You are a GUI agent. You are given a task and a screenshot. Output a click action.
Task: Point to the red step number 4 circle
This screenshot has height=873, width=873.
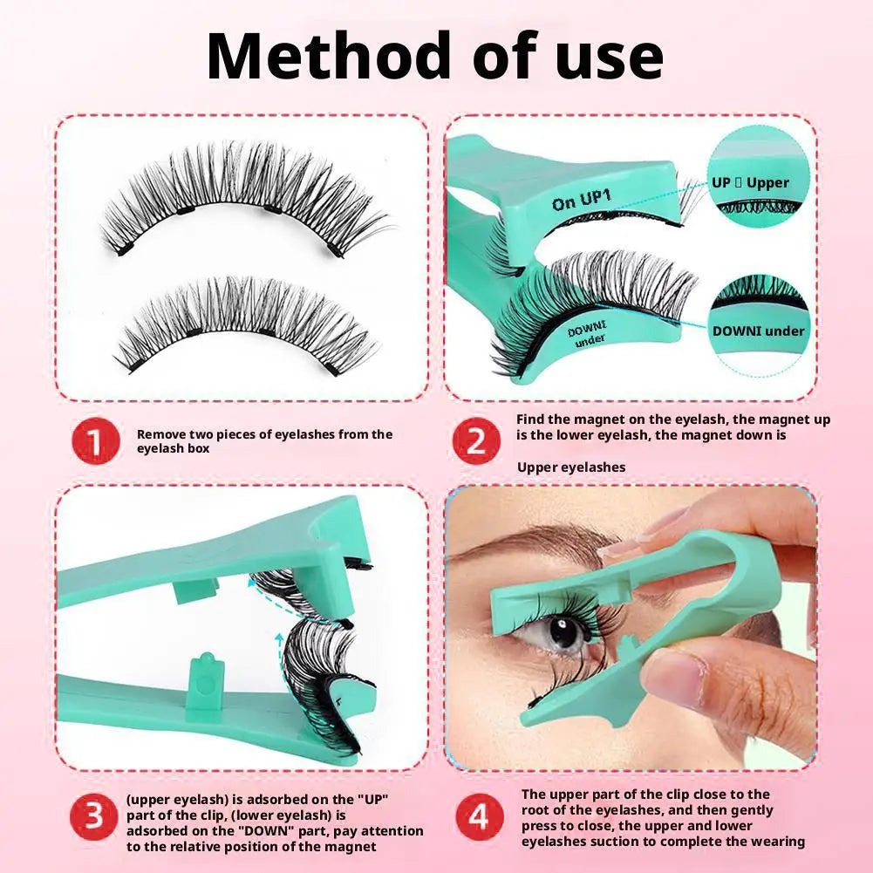(x=478, y=817)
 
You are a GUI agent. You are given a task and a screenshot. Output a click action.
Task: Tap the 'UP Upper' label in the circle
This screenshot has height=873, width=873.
(x=750, y=182)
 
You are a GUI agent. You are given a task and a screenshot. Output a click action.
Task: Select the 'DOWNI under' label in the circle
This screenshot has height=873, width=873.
(x=758, y=331)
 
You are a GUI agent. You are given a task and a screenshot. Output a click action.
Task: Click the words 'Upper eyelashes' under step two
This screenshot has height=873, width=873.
(x=571, y=467)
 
